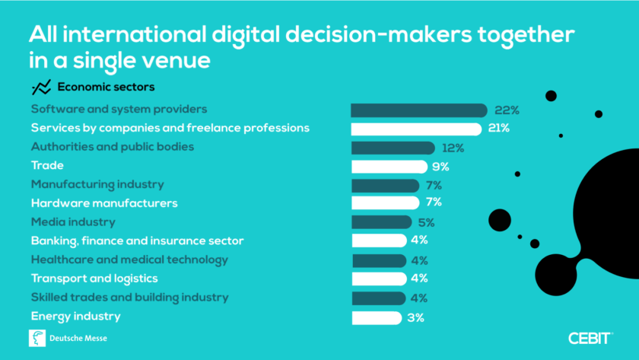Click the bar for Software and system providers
click(418, 110)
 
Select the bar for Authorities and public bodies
click(393, 148)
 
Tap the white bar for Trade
click(389, 167)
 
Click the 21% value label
click(500, 128)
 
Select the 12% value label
click(453, 148)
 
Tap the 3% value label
click(415, 317)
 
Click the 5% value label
click(426, 222)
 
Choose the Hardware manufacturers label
click(104, 203)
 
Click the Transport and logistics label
click(94, 279)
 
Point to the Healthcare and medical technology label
click(129, 260)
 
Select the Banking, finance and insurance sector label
click(137, 241)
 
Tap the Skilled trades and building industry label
click(129, 297)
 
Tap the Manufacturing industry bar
click(385, 185)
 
